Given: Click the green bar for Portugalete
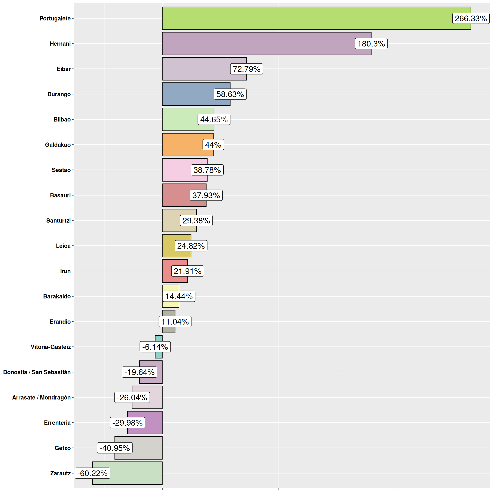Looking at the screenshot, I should pyautogui.click(x=306, y=18).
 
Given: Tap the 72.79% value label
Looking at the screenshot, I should pyautogui.click(x=246, y=69).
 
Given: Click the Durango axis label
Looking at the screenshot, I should pyautogui.click(x=59, y=94).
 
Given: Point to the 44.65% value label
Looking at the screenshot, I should pyautogui.click(x=214, y=119).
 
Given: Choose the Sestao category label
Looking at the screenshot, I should pyautogui.click(x=61, y=170).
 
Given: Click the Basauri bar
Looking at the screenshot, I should pyautogui.click(x=176, y=195).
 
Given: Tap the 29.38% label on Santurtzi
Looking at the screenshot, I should pyautogui.click(x=196, y=220).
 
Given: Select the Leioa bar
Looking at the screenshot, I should pyautogui.click(x=168, y=246).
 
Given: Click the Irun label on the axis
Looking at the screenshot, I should pyautogui.click(x=65, y=271).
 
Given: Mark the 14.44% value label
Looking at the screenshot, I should pyautogui.click(x=179, y=296).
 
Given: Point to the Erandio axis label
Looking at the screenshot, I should pyautogui.click(x=60, y=322).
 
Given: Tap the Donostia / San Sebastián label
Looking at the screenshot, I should pyautogui.click(x=37, y=372).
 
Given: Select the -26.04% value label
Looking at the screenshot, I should pyautogui.click(x=132, y=397).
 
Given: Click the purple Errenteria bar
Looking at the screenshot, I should pyautogui.click(x=153, y=423).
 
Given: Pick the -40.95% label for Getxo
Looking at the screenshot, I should pyautogui.click(x=115, y=448).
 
